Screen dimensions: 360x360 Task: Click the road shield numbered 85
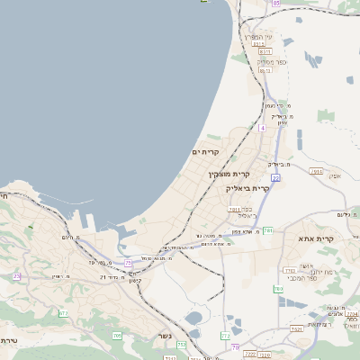tap(275, 4)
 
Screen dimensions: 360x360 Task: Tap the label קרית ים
tap(206, 152)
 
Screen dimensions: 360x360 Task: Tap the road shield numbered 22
tap(275, 178)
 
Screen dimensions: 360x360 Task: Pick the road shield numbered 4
tap(262, 128)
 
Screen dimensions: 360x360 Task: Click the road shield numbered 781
tap(268, 231)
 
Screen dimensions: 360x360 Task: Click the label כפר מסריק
tap(260, 61)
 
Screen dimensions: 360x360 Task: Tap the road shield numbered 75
tap(129, 263)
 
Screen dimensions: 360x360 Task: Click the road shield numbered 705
tap(117, 335)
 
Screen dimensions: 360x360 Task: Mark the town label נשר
tap(165, 336)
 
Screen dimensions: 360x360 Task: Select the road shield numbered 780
tap(278, 289)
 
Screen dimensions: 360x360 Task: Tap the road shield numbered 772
tap(225, 336)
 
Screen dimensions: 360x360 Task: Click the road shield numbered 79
tap(236, 346)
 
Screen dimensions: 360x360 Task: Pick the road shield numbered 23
tap(17, 276)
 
